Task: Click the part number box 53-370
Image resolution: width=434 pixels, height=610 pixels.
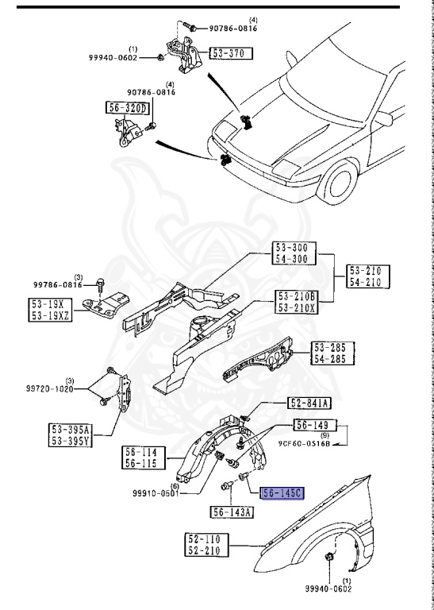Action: click(231, 55)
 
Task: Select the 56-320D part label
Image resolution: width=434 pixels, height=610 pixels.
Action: click(127, 107)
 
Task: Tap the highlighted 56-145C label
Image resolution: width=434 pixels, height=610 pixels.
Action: click(282, 493)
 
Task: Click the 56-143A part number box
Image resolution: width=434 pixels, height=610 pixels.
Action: click(232, 512)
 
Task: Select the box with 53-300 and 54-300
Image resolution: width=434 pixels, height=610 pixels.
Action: click(294, 253)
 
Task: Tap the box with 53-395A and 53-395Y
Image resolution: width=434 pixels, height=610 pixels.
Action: click(71, 436)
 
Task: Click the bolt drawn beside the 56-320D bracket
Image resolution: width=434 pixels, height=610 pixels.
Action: click(153, 125)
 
